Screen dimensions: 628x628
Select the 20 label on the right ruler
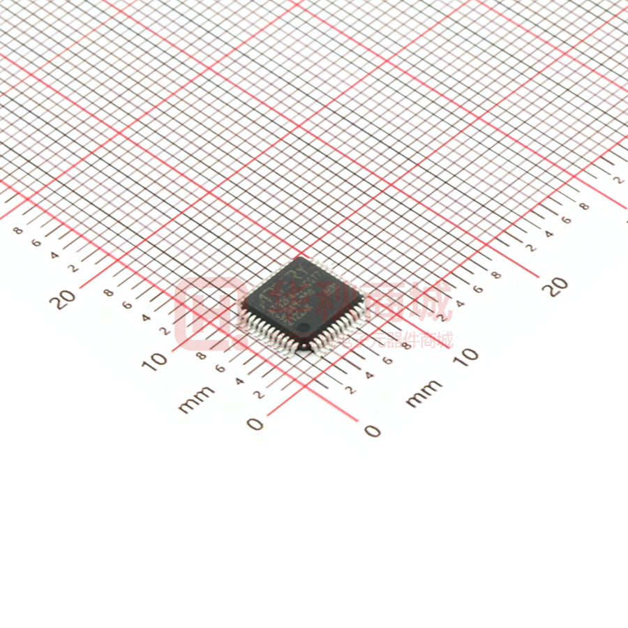(557, 286)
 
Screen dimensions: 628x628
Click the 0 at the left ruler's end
(256, 424)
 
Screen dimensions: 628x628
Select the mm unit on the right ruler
(424, 394)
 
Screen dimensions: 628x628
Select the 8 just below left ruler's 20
(109, 292)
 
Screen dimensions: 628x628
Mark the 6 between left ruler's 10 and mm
(220, 368)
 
